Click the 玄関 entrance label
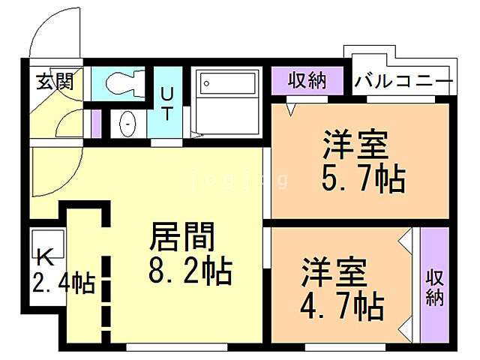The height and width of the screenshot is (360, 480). [x=55, y=81]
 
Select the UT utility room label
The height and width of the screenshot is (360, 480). [x=167, y=103]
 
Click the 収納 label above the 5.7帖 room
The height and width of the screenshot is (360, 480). [x=307, y=80]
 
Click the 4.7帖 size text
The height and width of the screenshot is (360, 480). [x=343, y=305]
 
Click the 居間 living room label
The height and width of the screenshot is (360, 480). [x=184, y=236]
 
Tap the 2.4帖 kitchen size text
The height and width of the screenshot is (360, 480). [x=63, y=284]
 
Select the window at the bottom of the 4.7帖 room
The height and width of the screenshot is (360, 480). [x=334, y=347]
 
